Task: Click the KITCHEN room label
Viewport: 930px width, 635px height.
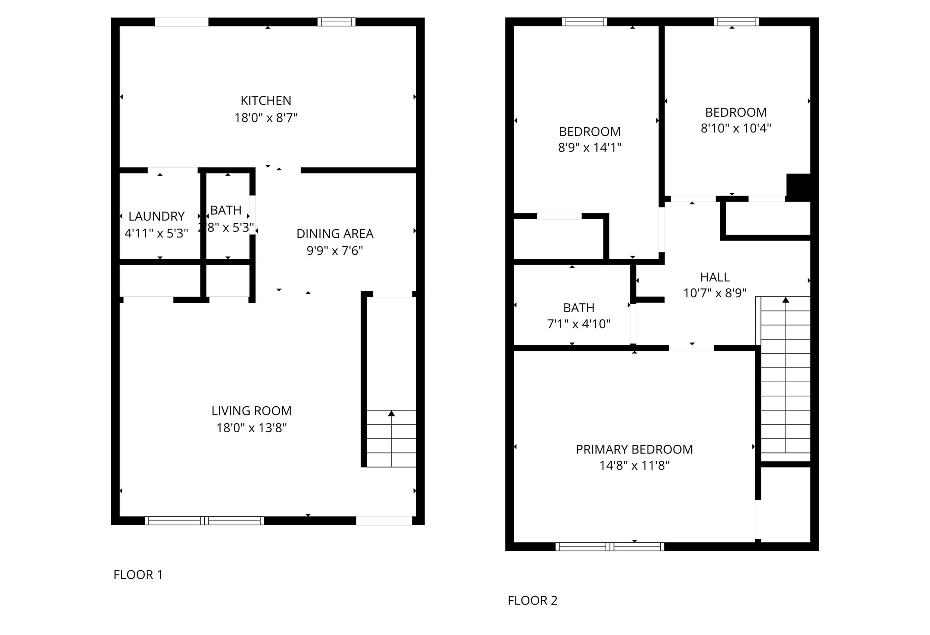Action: coord(266,100)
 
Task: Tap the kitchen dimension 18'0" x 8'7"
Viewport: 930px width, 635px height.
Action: coord(266,118)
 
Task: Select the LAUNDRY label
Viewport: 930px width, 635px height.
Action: coord(156,216)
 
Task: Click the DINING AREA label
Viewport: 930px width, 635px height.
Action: coord(335,234)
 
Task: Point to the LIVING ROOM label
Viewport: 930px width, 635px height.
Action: coord(251,411)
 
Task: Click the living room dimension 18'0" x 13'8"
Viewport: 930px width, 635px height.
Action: coord(251,428)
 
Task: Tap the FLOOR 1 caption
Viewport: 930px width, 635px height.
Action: coord(138,575)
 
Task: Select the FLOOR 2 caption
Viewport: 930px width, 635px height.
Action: coord(532,601)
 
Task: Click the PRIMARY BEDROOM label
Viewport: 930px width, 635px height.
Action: coord(634,449)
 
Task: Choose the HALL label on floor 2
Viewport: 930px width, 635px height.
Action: coord(715,277)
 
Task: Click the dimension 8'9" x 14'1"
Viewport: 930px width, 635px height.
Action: coord(589,148)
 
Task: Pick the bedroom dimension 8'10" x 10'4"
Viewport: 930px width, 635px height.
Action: coord(736,128)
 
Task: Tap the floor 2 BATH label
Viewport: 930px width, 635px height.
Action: coord(579,308)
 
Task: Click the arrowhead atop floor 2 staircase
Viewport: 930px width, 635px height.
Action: coord(786,300)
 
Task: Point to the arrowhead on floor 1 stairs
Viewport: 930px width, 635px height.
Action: coord(391,413)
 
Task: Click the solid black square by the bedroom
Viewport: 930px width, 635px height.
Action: coord(799,187)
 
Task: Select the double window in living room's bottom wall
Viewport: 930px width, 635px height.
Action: coord(204,521)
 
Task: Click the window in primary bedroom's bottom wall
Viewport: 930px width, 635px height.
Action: coord(609,546)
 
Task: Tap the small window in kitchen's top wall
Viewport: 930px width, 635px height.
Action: coord(336,22)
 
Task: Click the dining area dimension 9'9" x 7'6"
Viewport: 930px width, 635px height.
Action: coord(335,251)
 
